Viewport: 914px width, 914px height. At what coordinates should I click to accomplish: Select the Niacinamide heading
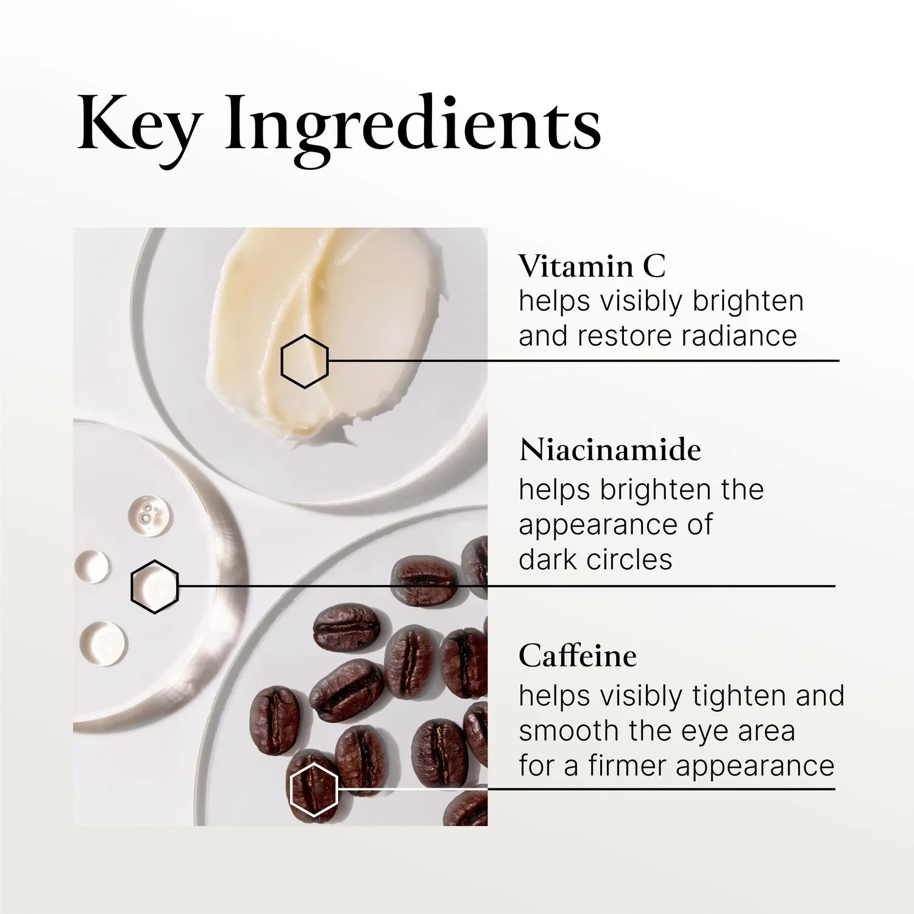pos(610,450)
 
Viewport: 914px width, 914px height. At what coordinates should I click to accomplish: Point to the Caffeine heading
pos(578,656)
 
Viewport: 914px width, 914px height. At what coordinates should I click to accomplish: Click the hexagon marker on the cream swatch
pos(305,361)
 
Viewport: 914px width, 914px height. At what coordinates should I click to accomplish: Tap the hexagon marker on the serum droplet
pos(155,586)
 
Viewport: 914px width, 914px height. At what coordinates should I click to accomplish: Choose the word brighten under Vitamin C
pos(748,302)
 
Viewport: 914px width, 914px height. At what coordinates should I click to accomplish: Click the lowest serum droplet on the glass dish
pos(103,643)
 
